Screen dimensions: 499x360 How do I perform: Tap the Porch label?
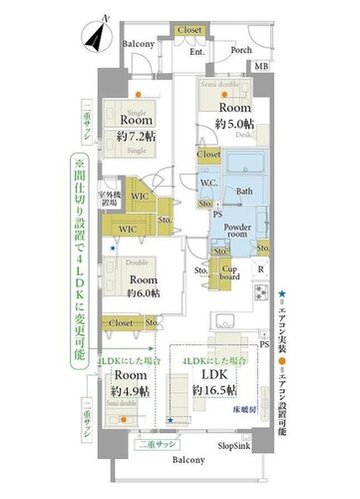point(239,51)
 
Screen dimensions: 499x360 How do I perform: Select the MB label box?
point(262,66)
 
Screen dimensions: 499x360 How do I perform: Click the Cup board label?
point(229,270)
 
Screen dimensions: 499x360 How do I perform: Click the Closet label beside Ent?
point(188,31)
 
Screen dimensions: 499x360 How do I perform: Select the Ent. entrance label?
point(196,51)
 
